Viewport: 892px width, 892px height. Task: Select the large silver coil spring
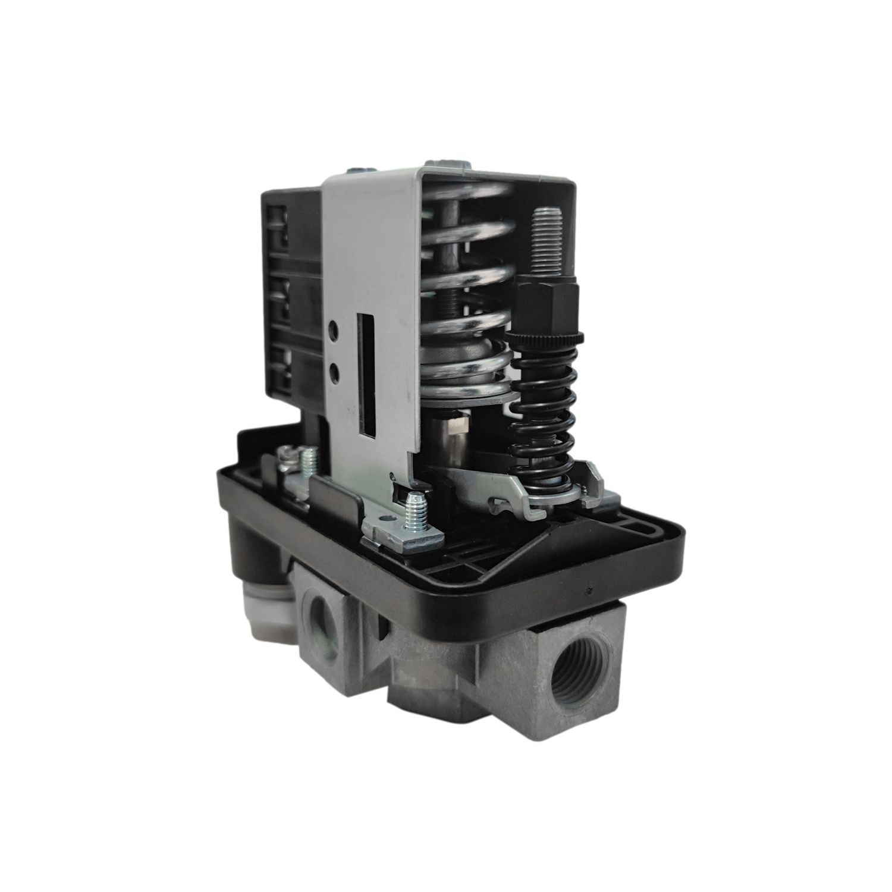coord(470,297)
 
